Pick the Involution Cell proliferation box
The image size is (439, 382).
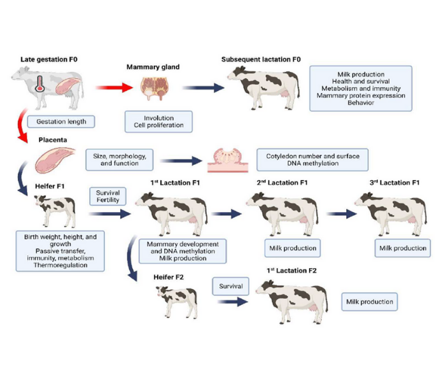click(x=155, y=121)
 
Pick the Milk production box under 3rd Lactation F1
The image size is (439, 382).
click(x=402, y=248)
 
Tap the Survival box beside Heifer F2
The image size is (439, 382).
click(x=229, y=286)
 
